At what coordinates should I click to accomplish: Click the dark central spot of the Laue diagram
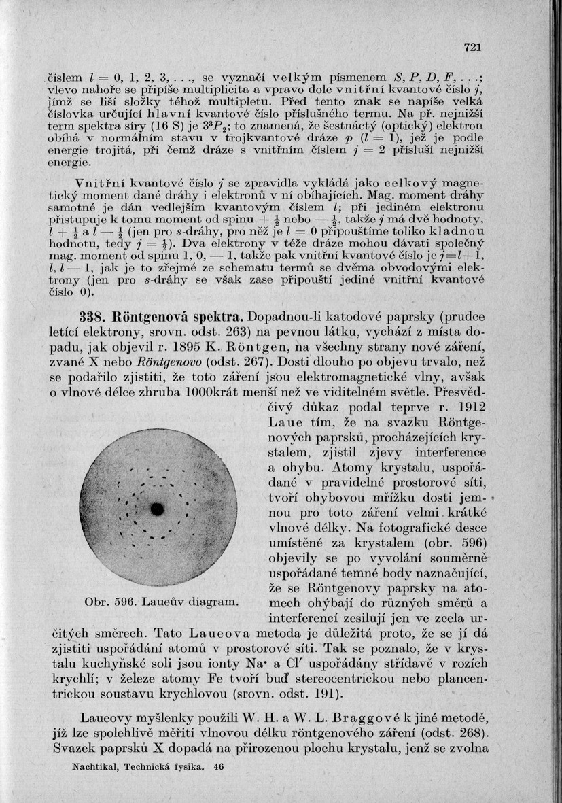tap(158, 508)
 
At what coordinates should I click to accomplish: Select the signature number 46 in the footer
tap(218, 766)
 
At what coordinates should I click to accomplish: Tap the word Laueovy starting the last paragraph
tap(107, 717)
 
